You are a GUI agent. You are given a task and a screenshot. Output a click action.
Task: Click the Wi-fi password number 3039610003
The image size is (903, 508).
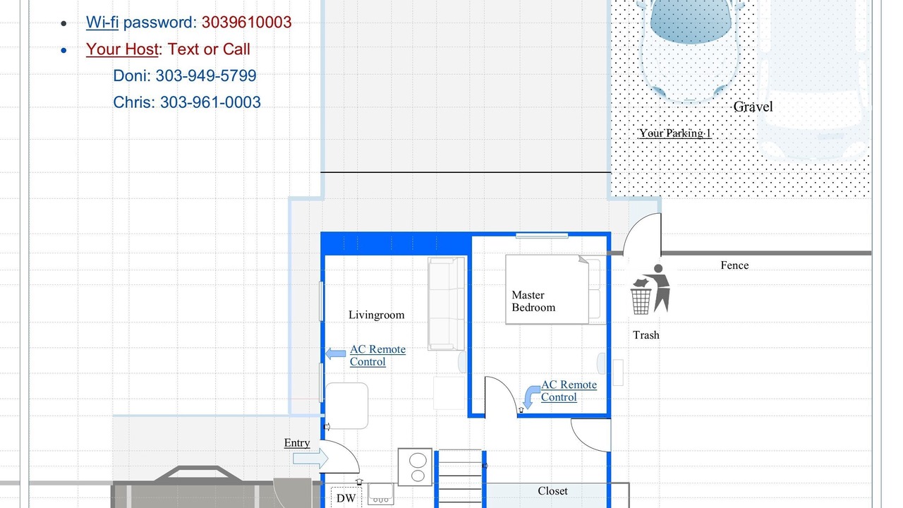point(246,23)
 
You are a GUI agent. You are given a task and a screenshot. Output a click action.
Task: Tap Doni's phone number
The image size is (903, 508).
point(206,75)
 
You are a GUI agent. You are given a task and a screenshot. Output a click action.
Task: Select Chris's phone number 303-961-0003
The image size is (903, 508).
point(210,102)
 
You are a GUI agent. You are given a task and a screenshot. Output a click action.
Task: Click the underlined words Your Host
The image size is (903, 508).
point(122,49)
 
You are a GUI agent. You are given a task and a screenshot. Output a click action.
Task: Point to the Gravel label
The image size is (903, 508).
point(753,107)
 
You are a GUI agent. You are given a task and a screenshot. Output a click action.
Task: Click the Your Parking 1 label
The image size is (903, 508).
point(675,133)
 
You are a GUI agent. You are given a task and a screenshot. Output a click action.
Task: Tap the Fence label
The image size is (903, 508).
point(734,265)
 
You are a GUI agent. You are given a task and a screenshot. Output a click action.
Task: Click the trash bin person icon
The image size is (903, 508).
point(650,289)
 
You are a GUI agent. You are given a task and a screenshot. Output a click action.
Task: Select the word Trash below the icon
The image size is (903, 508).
point(646,335)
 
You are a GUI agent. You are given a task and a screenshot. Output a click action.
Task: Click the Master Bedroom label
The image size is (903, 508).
point(533,301)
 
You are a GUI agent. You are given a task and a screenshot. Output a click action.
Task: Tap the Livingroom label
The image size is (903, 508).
point(377,315)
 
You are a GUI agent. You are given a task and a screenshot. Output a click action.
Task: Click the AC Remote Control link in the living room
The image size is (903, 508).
point(377,355)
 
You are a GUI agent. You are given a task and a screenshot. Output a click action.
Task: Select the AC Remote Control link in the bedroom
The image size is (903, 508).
point(569,391)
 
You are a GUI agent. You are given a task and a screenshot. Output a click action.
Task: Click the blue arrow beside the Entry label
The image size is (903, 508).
point(310,459)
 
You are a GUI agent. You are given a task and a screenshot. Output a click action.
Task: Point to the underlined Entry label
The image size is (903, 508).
point(297,442)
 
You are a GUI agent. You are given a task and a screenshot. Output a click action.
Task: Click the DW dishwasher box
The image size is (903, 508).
point(346,497)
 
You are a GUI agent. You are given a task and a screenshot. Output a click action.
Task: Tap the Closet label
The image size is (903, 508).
point(552,491)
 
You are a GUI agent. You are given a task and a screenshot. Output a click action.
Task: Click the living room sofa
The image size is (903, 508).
point(447,303)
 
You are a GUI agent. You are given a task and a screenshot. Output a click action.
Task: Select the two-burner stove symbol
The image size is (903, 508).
point(416,467)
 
